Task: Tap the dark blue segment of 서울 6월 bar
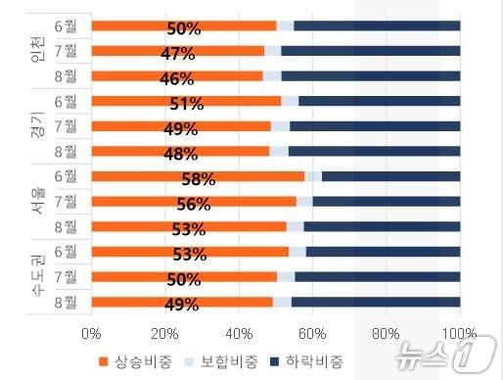pyautogui.click(x=390, y=176)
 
